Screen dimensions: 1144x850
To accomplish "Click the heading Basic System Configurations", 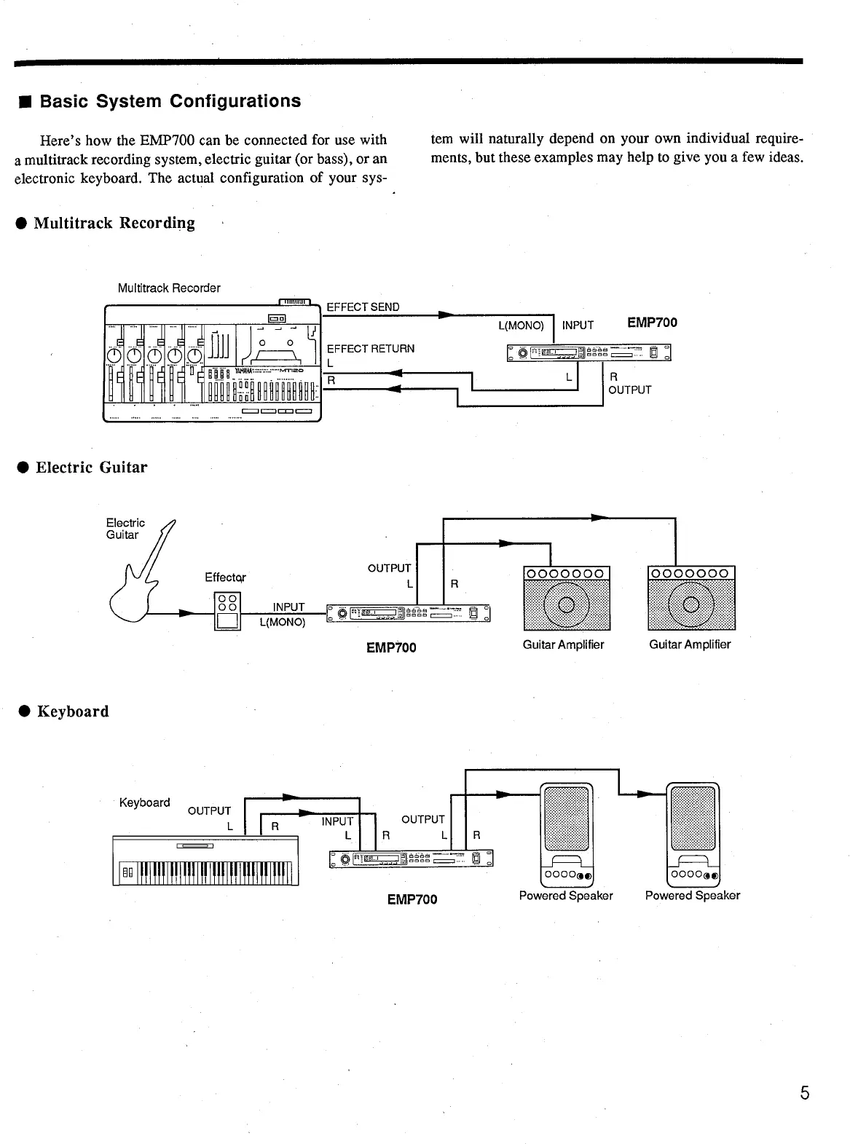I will coord(170,101).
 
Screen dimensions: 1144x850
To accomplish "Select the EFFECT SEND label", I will coord(363,307).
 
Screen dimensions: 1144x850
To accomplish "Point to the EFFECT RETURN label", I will coord(371,349).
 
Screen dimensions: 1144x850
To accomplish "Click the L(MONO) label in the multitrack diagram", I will coord(521,326).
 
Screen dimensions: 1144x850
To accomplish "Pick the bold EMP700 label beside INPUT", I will coord(653,323).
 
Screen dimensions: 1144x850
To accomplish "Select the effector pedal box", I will coord(227,610).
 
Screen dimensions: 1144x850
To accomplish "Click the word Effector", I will coord(225,577).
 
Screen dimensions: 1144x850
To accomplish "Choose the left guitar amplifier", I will coord(567,598).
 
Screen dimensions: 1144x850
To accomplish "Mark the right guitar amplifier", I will coord(691,598).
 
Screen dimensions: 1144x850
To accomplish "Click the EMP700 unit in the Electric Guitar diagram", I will coord(409,613).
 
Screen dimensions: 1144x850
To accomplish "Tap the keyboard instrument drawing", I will coord(206,861).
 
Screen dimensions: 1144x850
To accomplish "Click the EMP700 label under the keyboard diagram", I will coord(412,899).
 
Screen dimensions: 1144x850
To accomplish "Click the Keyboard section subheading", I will coord(73,711).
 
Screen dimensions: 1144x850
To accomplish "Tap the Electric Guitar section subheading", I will coord(92,468).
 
